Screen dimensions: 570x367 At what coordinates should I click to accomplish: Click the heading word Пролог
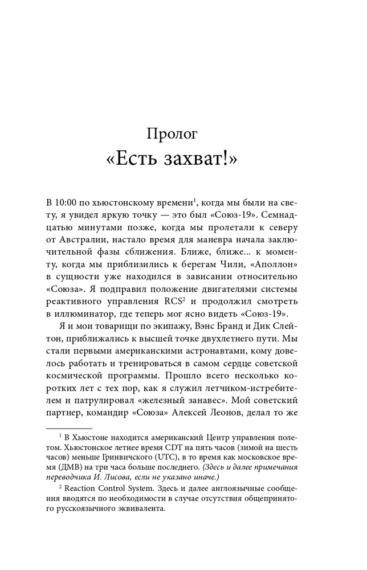(172, 135)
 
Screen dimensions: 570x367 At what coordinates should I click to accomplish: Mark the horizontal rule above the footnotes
(68, 427)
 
